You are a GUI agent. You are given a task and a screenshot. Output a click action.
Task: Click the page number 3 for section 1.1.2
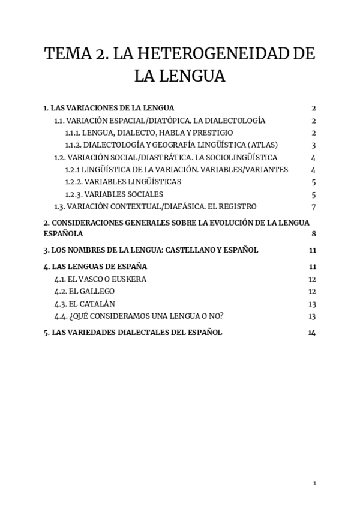tap(314, 145)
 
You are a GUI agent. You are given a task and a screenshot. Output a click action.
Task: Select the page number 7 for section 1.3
tap(314, 207)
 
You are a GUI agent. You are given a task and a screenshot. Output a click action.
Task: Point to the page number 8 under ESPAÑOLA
tap(314, 234)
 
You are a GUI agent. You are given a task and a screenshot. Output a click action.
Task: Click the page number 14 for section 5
tap(311, 333)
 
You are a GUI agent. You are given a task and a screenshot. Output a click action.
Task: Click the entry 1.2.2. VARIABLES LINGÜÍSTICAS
tap(123, 182)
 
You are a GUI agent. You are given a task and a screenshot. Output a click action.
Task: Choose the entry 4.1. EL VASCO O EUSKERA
tap(100, 279)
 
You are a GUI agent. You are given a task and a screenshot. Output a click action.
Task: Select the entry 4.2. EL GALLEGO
tap(84, 291)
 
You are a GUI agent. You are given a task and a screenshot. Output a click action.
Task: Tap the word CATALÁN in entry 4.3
tap(98, 304)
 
